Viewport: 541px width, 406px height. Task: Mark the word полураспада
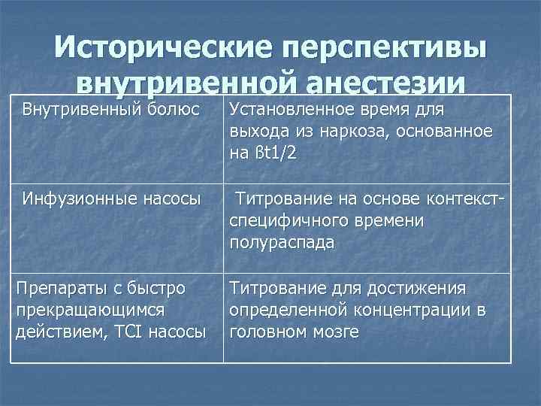[282, 244]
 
